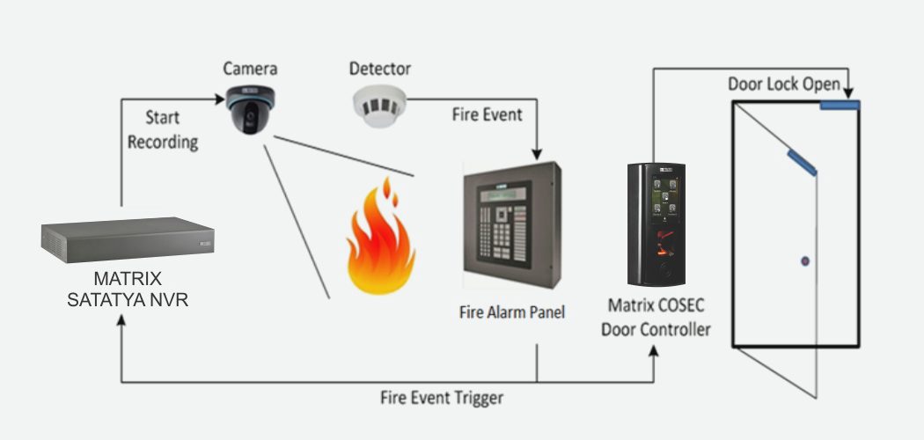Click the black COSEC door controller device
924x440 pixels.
tap(656, 224)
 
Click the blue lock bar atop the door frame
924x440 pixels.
tap(840, 106)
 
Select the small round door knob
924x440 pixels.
tap(804, 261)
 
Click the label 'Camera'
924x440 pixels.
tap(250, 68)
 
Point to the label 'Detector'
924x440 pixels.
tap(380, 68)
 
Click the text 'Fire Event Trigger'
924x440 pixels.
tap(442, 397)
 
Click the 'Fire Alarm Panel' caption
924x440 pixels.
tap(512, 312)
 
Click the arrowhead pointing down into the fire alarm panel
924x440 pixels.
tap(536, 155)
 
